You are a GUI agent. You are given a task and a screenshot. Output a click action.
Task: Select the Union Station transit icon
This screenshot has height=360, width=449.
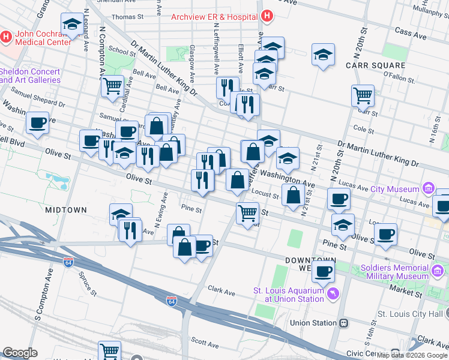(x=344, y=323)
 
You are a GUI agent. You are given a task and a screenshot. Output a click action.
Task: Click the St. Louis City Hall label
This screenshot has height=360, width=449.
(x=411, y=314)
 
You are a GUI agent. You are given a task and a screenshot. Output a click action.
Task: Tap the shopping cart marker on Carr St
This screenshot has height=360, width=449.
(x=363, y=95)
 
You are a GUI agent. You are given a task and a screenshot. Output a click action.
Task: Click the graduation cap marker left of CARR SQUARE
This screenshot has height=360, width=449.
(x=323, y=55)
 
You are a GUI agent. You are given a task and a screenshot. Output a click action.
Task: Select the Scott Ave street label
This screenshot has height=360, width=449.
(x=205, y=344)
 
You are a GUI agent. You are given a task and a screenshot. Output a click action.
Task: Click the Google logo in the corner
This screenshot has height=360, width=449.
(x=20, y=353)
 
